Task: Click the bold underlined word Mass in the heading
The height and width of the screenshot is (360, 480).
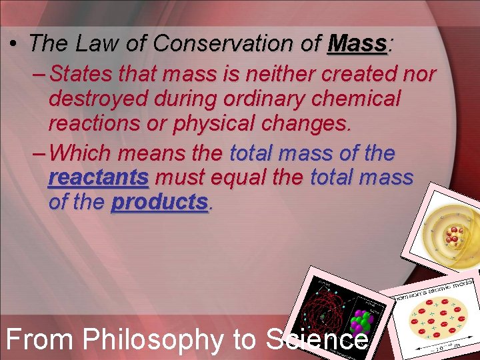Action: (358, 44)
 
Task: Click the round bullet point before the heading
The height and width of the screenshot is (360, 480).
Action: (13, 45)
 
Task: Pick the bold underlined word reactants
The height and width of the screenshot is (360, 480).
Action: (98, 178)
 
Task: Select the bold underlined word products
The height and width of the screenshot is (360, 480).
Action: (159, 203)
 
